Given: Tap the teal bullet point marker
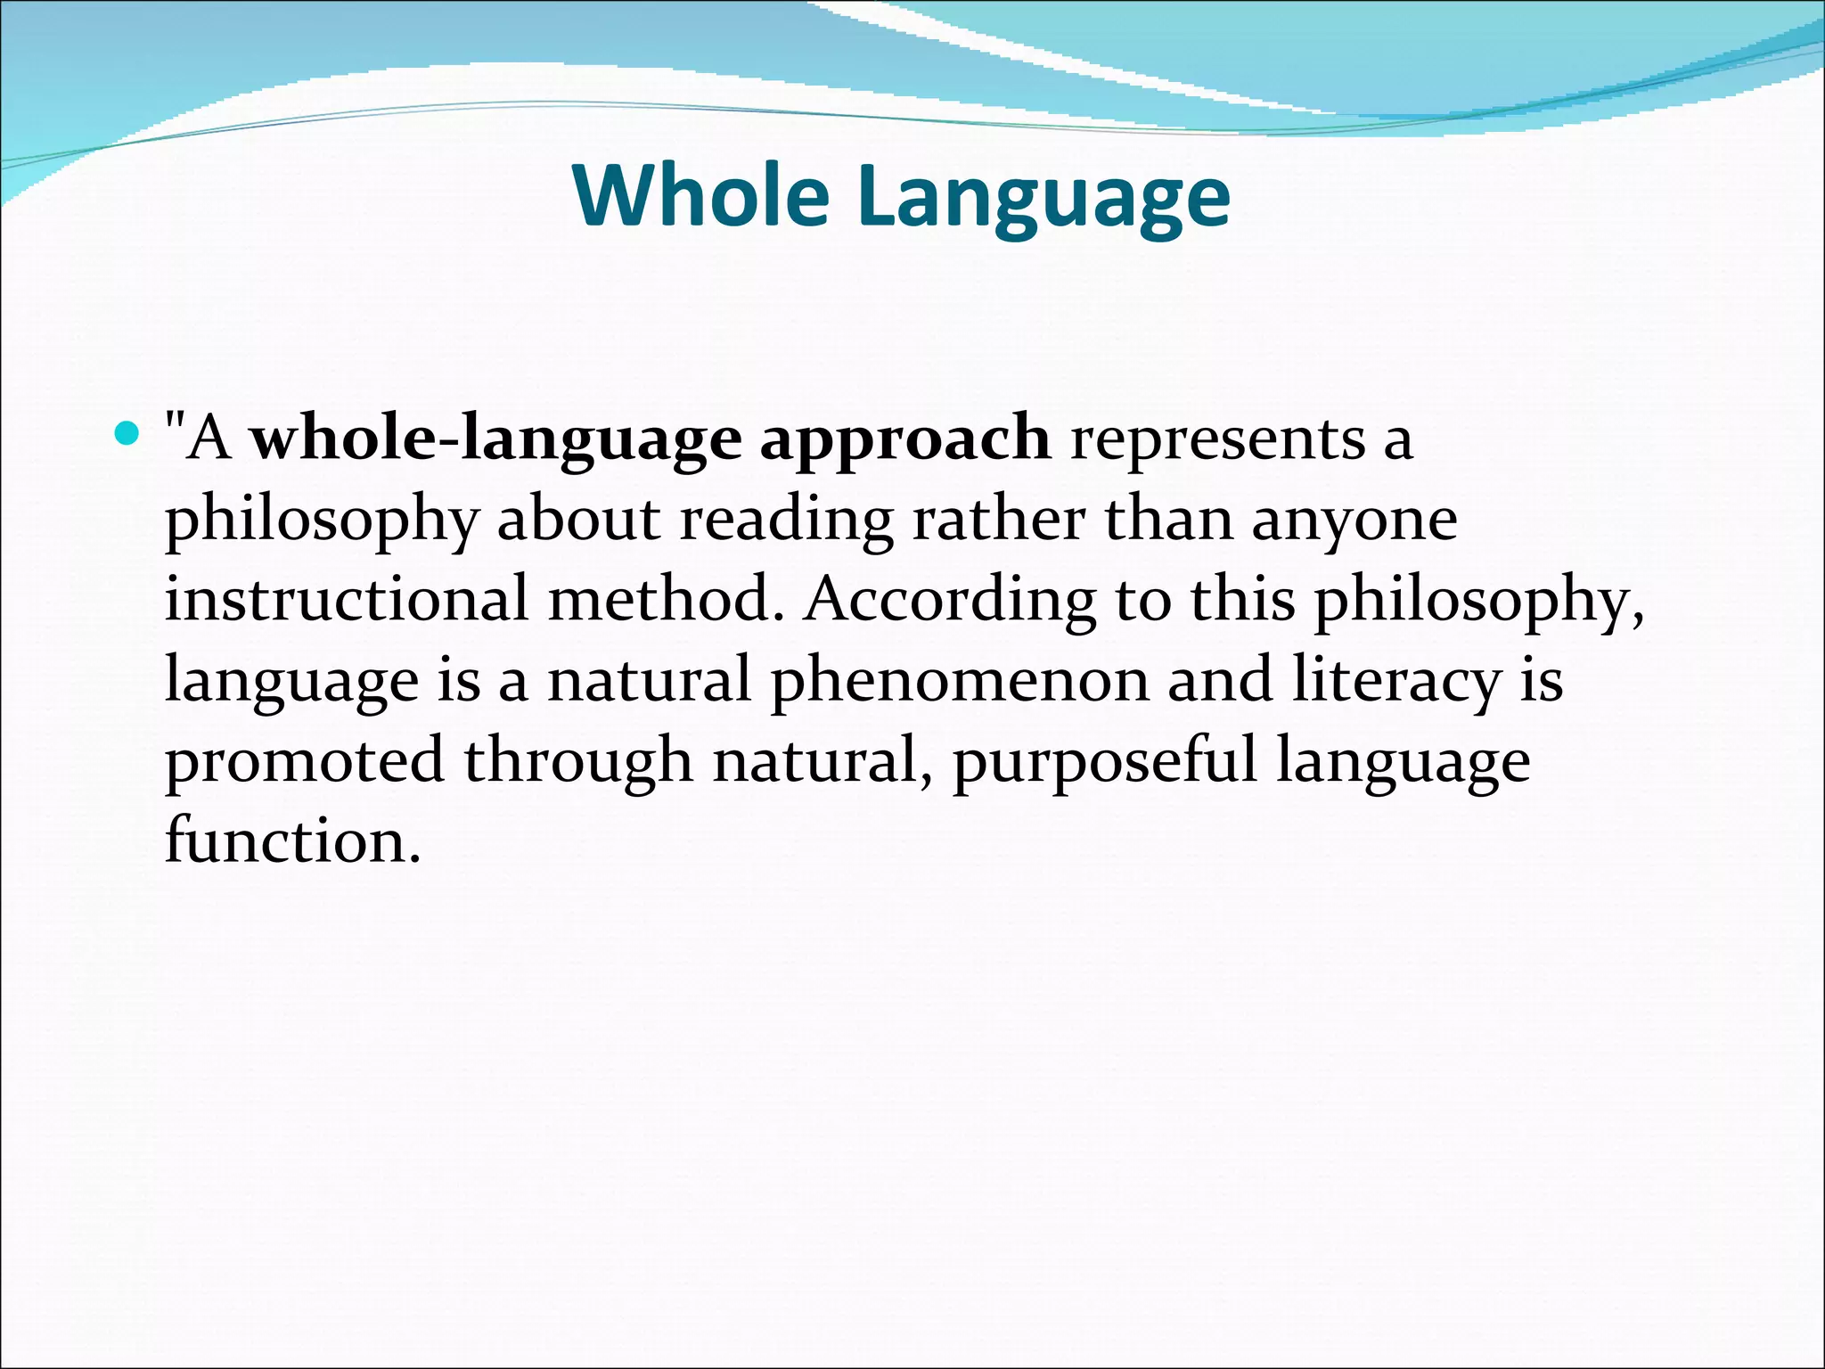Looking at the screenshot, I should pyautogui.click(x=128, y=435).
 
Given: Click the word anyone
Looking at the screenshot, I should pyautogui.click(x=1354, y=521).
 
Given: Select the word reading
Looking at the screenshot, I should pyautogui.click(x=787, y=521).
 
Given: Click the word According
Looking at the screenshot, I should pyautogui.click(x=950, y=602).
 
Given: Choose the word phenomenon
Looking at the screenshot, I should pyautogui.click(x=960, y=682).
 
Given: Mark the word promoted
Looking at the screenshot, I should pyautogui.click(x=305, y=762).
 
